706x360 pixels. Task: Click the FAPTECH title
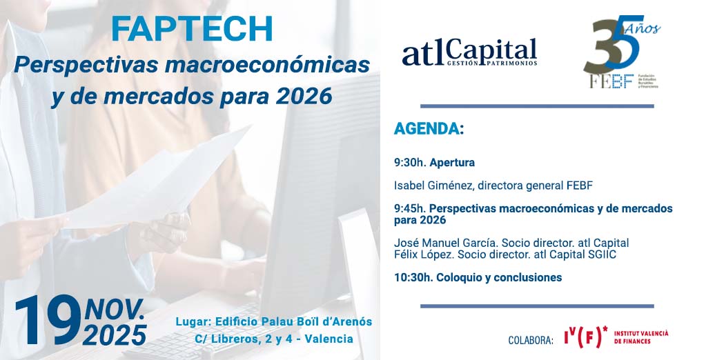click(193, 28)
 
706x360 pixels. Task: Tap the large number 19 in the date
click(48, 321)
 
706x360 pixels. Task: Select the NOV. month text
click(115, 309)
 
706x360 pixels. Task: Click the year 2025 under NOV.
click(115, 334)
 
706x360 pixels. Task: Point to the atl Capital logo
click(469, 53)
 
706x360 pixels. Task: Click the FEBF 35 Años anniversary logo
click(621, 54)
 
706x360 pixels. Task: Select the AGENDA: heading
click(429, 129)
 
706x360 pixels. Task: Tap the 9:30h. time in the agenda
click(410, 163)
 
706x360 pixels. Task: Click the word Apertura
click(452, 163)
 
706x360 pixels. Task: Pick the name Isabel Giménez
click(433, 186)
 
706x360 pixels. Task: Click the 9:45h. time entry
click(410, 208)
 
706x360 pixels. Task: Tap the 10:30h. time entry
click(413, 278)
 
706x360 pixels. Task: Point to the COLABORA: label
click(531, 340)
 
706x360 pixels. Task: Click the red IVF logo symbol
click(585, 337)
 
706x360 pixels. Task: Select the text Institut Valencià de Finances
click(640, 337)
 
